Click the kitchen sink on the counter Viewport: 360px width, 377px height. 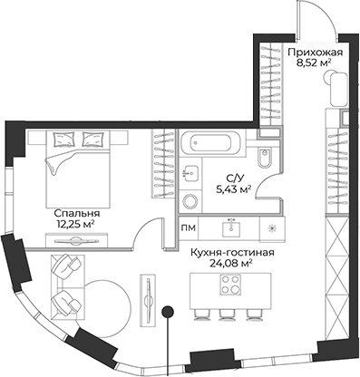click(230, 227)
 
